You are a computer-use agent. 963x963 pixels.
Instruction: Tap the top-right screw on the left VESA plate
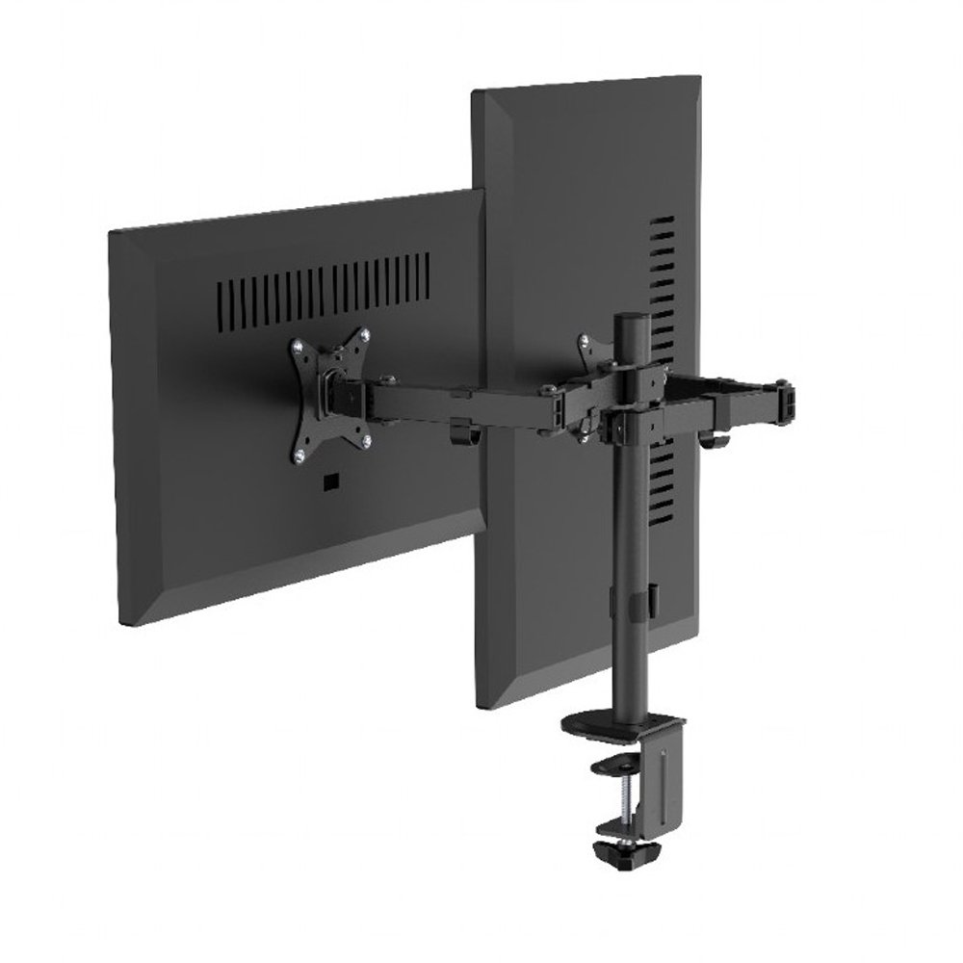coord(366,336)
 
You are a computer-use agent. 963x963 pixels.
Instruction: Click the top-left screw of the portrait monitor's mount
coord(582,340)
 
